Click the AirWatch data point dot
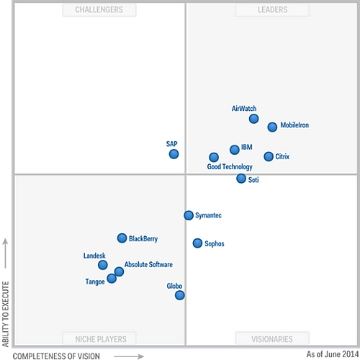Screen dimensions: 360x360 pos(253,119)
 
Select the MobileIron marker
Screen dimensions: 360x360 pos(272,127)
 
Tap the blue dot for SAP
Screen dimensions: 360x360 pos(174,154)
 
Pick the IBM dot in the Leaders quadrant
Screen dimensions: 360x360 pos(235,150)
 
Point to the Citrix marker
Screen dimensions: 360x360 pos(269,156)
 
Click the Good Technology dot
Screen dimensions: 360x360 pos(214,157)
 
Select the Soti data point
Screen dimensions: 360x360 pos(241,179)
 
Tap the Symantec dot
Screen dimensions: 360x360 pos(189,215)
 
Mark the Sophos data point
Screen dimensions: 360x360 pos(197,243)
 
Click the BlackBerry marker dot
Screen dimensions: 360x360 pos(122,238)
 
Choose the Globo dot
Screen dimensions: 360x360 pos(179,295)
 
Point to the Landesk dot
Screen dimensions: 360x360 pos(103,265)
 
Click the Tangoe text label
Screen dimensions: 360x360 pos(95,282)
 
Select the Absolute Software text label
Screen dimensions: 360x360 pos(148,265)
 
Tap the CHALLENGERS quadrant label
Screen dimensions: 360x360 pos(99,9)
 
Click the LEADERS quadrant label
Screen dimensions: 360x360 pos(272,9)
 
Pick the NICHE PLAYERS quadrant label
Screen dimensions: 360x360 pos(99,338)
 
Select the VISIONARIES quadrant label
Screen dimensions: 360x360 pos(272,338)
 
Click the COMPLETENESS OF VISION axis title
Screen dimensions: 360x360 pos(57,355)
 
